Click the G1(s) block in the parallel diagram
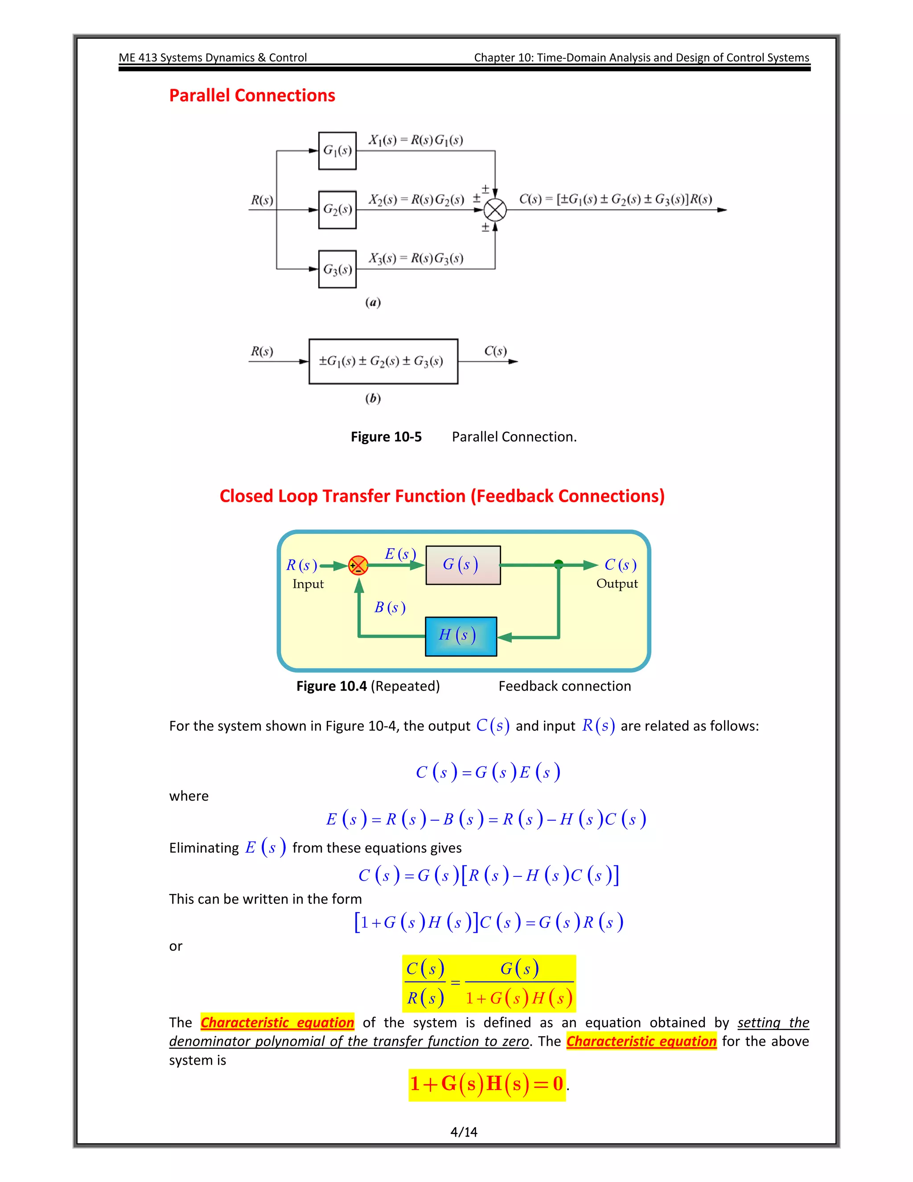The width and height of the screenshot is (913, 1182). pyautogui.click(x=337, y=150)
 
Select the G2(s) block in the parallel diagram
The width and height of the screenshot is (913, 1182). pyautogui.click(x=337, y=210)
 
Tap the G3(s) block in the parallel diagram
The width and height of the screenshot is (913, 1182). pyautogui.click(x=337, y=269)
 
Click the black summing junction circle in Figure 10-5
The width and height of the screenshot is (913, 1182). pyautogui.click(x=495, y=210)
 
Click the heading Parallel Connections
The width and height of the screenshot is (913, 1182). pyautogui.click(x=252, y=95)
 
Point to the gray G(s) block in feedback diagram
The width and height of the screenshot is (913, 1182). pyautogui.click(x=463, y=565)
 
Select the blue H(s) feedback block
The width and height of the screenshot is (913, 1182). pyautogui.click(x=461, y=636)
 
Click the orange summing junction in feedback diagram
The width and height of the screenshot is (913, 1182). pyautogui.click(x=358, y=566)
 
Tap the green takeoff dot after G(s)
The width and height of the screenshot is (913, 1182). pyautogui.click(x=559, y=565)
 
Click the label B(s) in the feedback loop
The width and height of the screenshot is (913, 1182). pyautogui.click(x=390, y=607)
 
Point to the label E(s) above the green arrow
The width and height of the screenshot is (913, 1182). pyautogui.click(x=400, y=554)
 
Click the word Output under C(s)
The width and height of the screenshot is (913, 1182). pyautogui.click(x=617, y=583)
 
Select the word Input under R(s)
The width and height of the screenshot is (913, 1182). pyautogui.click(x=308, y=584)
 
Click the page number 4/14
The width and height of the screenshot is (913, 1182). pyautogui.click(x=464, y=1132)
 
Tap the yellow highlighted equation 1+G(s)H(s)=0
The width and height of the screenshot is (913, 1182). pyautogui.click(x=487, y=1084)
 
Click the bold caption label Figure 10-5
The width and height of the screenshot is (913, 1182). pyautogui.click(x=386, y=437)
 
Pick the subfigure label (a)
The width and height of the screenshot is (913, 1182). pyautogui.click(x=373, y=302)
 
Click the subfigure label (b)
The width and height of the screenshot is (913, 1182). pyautogui.click(x=373, y=398)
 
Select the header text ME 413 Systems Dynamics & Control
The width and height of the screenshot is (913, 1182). pyautogui.click(x=213, y=58)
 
